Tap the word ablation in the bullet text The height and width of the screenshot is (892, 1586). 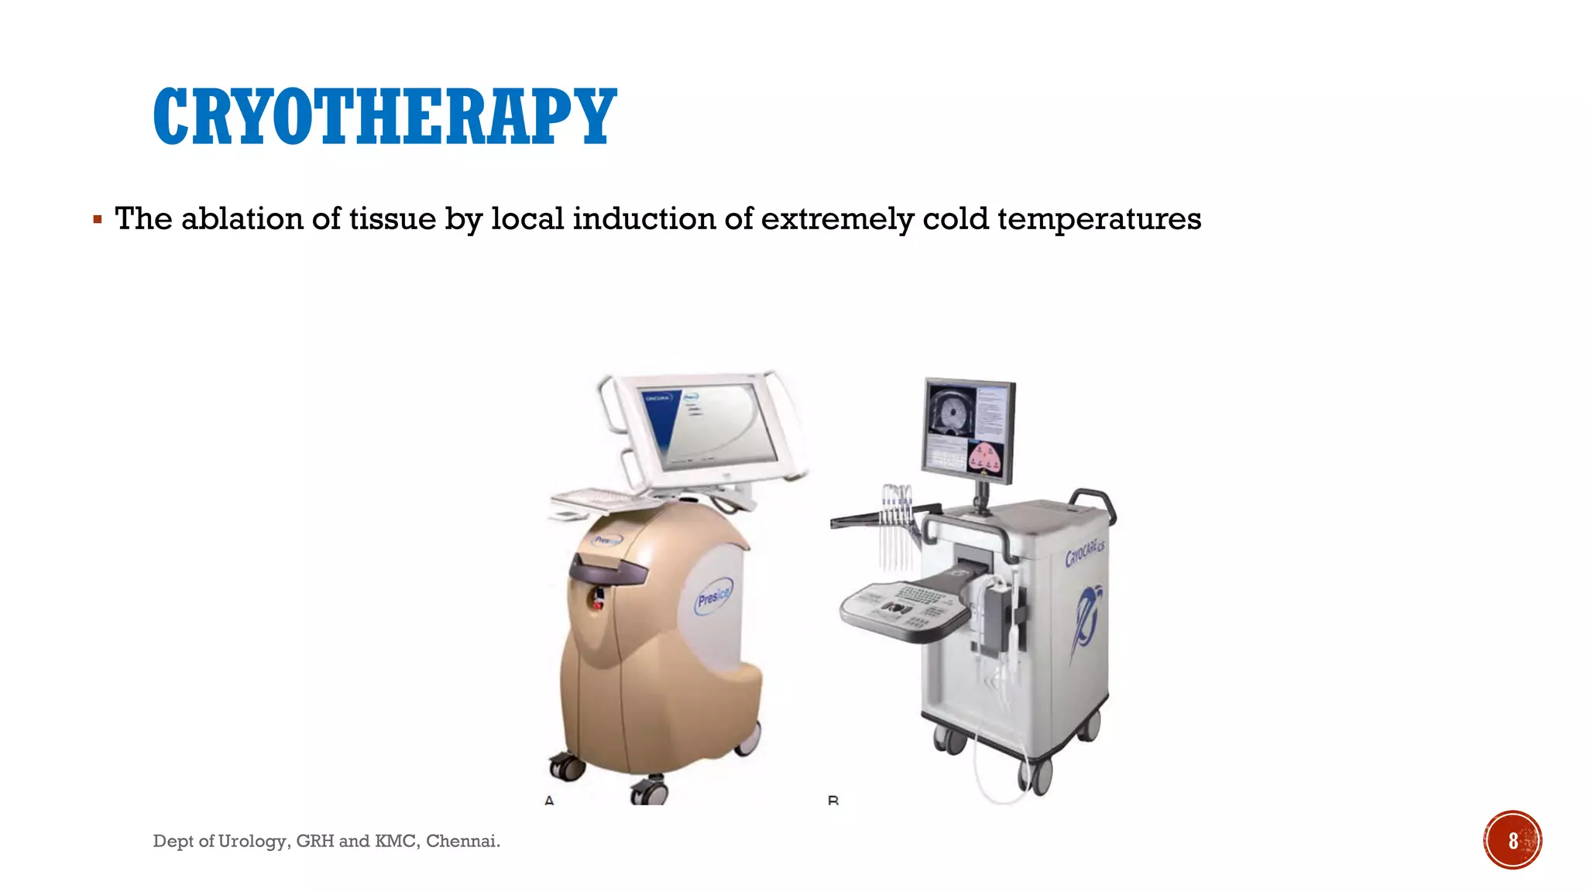tap(242, 219)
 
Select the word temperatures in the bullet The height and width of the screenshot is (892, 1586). tap(1099, 219)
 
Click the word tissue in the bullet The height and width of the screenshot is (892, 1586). tap(392, 219)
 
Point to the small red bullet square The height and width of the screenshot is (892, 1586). tap(98, 220)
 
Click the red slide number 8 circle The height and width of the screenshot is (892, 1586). tap(1512, 840)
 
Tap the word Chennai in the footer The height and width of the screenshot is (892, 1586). tap(462, 841)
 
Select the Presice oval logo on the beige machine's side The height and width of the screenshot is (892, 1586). tap(712, 599)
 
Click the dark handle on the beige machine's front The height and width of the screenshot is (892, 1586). tap(609, 571)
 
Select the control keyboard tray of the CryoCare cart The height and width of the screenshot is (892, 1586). tap(906, 609)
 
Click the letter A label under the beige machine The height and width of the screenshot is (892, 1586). tap(549, 800)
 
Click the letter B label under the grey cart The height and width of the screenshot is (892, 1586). tap(833, 800)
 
